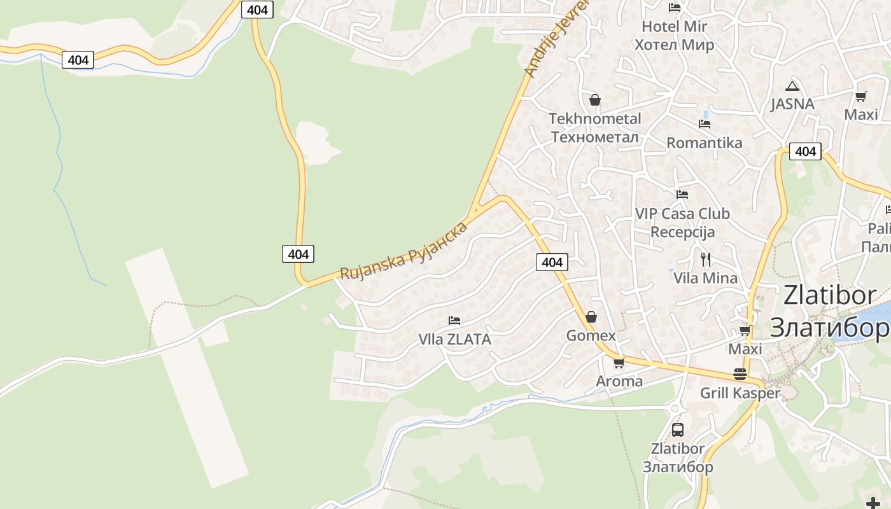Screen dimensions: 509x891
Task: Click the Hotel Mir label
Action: [x=674, y=36]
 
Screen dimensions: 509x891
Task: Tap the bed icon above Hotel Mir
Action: [x=675, y=7]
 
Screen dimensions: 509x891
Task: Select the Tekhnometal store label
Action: [x=594, y=128]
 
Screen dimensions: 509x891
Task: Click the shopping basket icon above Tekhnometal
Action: [x=595, y=100]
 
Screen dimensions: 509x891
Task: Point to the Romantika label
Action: [x=704, y=143]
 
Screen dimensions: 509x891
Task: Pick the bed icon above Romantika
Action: [x=705, y=123]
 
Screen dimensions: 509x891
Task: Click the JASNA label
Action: [x=792, y=104]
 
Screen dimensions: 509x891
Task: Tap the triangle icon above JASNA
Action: [x=792, y=86]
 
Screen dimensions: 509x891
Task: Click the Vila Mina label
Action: [x=705, y=278]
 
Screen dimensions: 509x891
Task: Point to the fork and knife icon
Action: [x=705, y=259]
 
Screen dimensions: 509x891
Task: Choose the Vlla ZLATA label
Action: [x=454, y=339]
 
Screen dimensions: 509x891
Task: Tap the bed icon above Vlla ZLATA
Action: [x=454, y=320]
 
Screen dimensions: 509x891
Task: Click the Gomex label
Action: [x=591, y=335]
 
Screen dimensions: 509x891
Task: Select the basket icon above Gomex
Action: [x=591, y=316]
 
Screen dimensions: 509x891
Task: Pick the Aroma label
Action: [x=619, y=381]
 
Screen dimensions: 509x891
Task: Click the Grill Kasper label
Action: [x=740, y=393]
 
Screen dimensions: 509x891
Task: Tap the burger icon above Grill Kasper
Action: [x=740, y=373]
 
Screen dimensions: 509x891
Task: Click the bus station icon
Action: [x=678, y=429]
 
